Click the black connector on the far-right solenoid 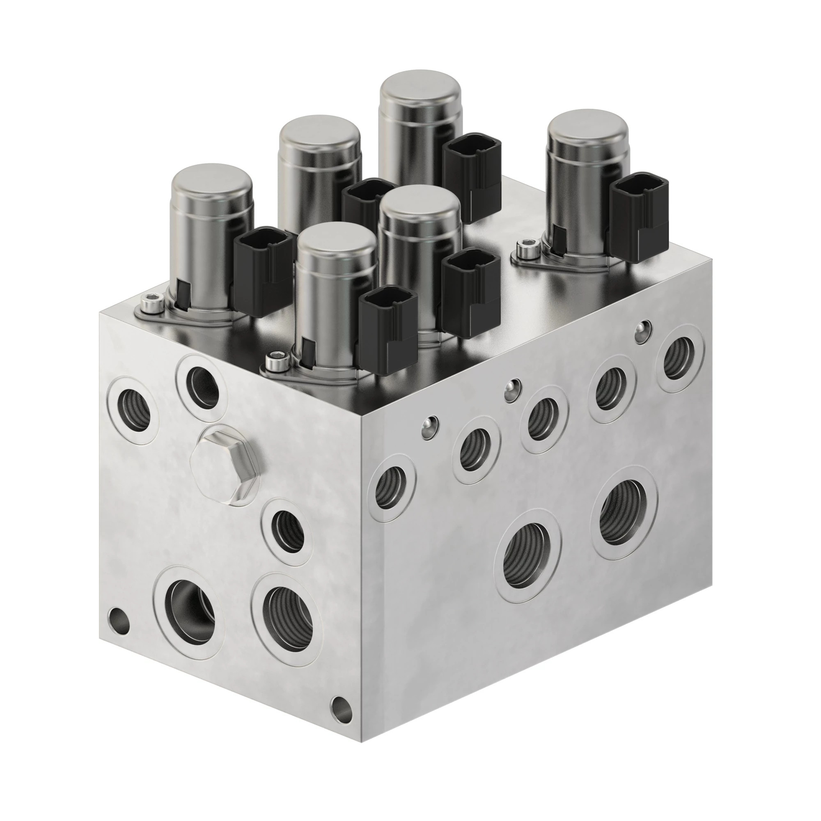[638, 217]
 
